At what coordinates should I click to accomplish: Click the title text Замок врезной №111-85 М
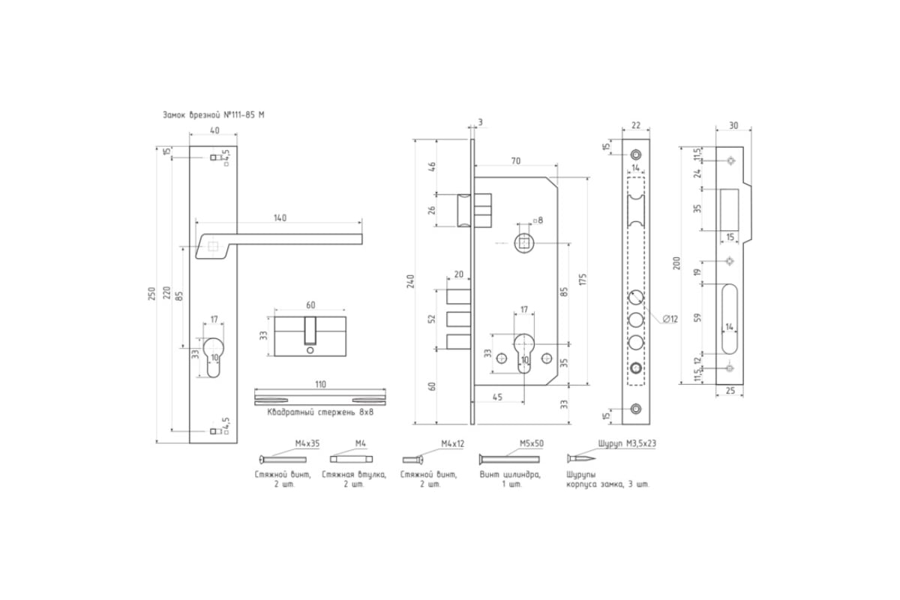(x=213, y=115)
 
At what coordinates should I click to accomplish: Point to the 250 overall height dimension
(x=151, y=295)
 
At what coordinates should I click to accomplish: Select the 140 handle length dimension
(x=280, y=217)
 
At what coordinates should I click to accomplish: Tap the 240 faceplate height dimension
(x=410, y=282)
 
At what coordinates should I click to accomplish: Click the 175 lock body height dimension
(x=583, y=280)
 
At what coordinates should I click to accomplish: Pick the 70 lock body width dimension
(x=516, y=160)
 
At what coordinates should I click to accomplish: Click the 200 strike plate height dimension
(x=676, y=263)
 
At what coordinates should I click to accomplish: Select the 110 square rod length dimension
(x=320, y=384)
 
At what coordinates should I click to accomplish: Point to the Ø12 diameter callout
(x=670, y=319)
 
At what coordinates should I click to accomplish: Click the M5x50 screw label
(x=532, y=443)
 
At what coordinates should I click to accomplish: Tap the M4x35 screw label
(x=307, y=443)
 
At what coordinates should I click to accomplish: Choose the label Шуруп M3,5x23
(x=627, y=443)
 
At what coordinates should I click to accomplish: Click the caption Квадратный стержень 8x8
(x=320, y=412)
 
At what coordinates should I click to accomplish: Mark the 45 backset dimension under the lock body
(x=497, y=397)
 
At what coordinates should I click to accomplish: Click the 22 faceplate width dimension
(x=636, y=126)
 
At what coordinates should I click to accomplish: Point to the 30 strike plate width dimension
(x=733, y=126)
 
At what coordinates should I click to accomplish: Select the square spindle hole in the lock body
(x=524, y=243)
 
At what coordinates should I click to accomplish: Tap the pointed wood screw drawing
(x=581, y=458)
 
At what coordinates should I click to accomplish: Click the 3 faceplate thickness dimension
(x=481, y=122)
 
